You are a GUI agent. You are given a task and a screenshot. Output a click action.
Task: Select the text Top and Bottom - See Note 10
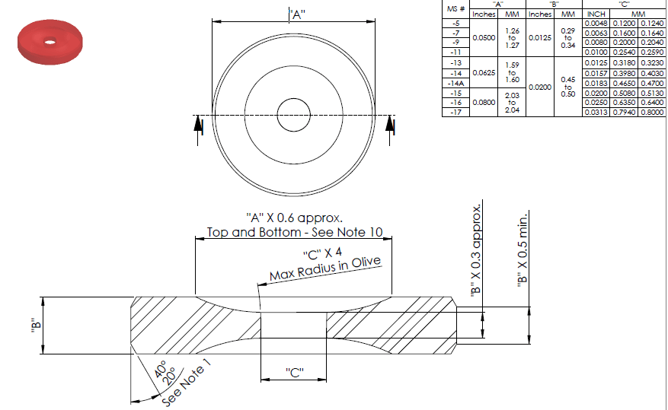coord(295,232)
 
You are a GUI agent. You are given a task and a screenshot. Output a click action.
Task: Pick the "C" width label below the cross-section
coord(293,372)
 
